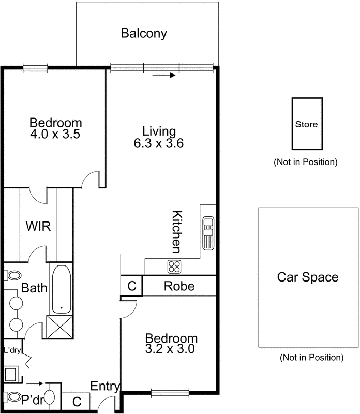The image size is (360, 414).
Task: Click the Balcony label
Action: coord(144,34)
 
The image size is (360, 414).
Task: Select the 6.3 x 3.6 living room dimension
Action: coord(159,143)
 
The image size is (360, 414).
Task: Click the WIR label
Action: coord(38,226)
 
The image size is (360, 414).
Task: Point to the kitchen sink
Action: coord(208,233)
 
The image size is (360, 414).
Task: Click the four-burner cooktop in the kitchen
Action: coord(174,267)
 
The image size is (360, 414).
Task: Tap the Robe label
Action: coord(179,286)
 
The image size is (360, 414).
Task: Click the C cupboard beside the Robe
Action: coord(131,286)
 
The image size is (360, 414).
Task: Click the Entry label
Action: coord(105,386)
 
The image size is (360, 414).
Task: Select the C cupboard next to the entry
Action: coord(76,401)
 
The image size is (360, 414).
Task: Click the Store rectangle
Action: coord(306,124)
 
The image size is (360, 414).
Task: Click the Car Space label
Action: coord(308,277)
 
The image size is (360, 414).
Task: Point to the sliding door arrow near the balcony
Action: coord(164,76)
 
